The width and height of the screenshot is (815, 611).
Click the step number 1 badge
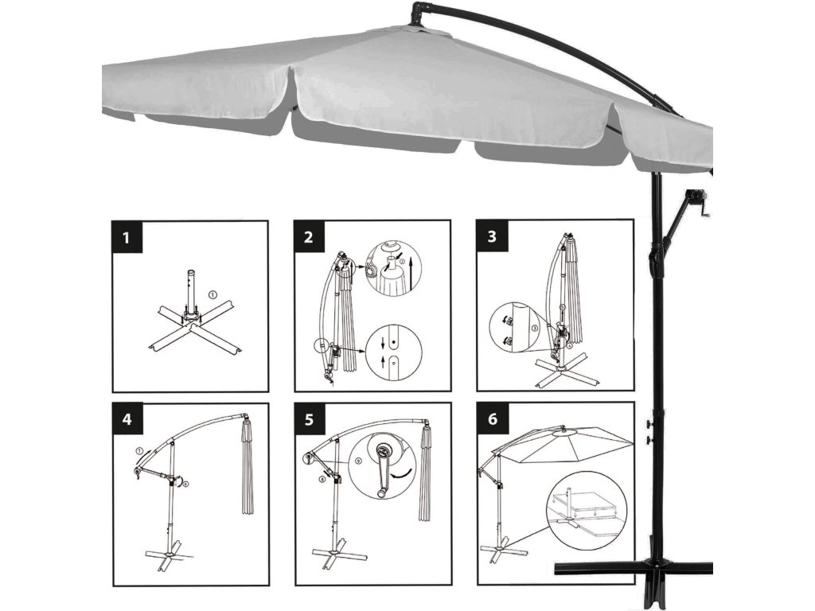[x=127, y=238]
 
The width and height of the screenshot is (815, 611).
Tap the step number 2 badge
[x=310, y=238]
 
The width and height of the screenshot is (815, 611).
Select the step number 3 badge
[x=492, y=238]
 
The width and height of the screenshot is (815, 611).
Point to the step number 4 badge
[x=127, y=419]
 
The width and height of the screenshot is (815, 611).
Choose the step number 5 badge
[x=310, y=419]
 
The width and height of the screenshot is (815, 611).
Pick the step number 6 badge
[x=492, y=419]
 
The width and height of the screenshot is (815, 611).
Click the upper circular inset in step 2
[x=393, y=268]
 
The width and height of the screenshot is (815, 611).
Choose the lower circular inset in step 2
[x=393, y=352]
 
